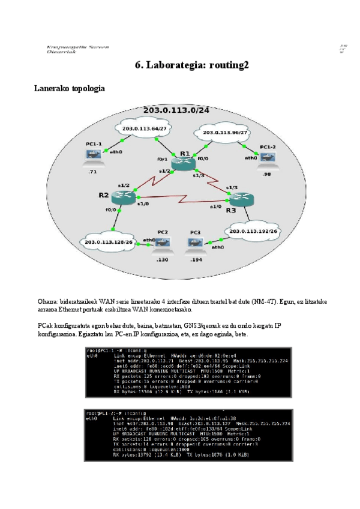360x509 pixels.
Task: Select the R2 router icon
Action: point(124,197)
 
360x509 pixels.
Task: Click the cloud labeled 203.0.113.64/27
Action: point(144,128)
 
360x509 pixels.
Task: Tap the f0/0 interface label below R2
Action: point(110,210)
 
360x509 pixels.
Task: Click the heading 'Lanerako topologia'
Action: point(70,89)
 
